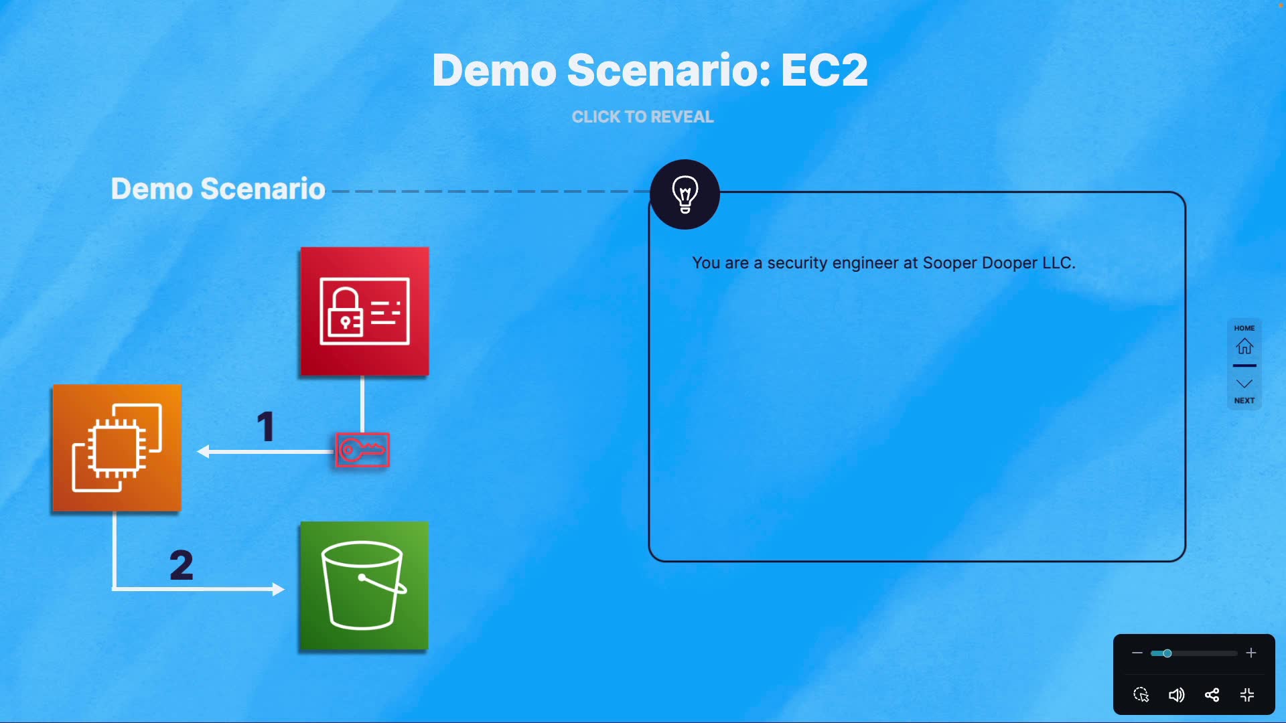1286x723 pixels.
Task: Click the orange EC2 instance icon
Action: pos(117,448)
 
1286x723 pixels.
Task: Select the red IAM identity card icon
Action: pos(364,311)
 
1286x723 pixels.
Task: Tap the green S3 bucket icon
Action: pos(364,586)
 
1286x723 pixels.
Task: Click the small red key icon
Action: pos(362,450)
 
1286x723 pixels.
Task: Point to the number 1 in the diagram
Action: pos(266,426)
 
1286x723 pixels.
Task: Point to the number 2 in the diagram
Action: pos(181,565)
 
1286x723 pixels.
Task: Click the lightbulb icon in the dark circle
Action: pos(685,194)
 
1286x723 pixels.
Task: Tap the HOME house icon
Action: pos(1244,345)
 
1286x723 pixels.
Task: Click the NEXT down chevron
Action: pos(1244,384)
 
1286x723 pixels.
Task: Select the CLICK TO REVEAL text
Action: pos(642,117)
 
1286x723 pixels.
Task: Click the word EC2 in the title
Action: pos(824,70)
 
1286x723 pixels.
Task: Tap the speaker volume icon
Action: pos(1176,695)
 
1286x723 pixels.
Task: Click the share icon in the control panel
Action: pos(1212,695)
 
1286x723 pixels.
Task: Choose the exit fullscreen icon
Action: pos(1247,695)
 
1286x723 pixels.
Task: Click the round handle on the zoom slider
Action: pos(1167,653)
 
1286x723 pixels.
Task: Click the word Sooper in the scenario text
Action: pos(949,263)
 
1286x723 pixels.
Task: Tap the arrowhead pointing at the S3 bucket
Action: pos(278,589)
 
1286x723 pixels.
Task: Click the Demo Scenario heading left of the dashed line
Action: pos(218,189)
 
